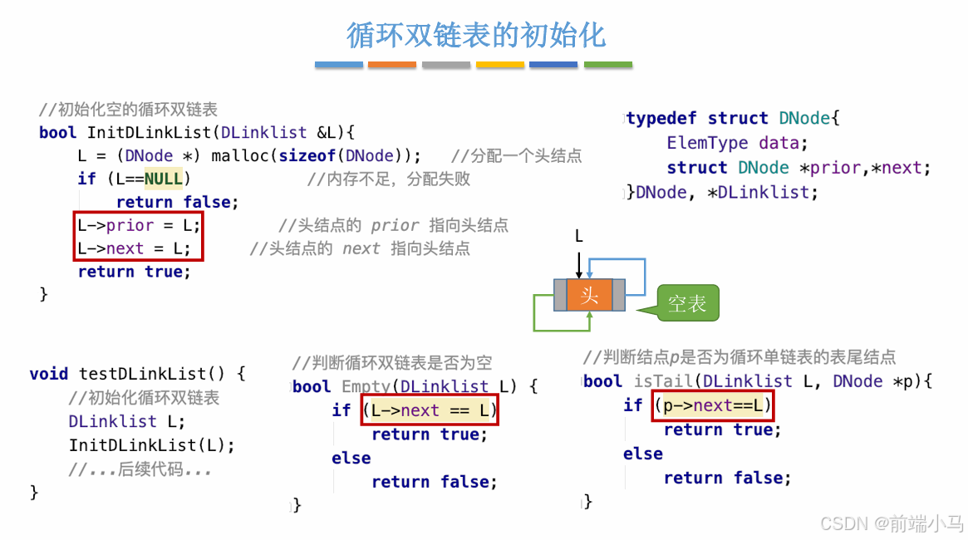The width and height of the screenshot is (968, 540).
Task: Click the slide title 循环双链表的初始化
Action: (x=476, y=35)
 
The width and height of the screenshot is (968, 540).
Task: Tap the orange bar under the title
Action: (x=391, y=64)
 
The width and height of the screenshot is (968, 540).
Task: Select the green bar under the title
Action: (x=607, y=64)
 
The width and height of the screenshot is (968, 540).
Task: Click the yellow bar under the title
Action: (x=499, y=64)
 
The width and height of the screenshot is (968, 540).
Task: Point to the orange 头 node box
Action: (x=589, y=295)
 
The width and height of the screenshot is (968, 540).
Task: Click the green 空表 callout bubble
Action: (x=686, y=303)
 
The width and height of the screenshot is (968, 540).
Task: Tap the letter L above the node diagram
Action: (x=579, y=237)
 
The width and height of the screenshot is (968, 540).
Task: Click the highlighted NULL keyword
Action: (x=163, y=179)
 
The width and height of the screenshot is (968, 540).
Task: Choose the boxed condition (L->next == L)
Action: (x=429, y=410)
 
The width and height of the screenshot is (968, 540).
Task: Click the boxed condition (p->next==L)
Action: (x=713, y=405)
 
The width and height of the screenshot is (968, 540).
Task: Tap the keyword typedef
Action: (x=661, y=118)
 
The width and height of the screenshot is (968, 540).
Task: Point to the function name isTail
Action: (x=661, y=381)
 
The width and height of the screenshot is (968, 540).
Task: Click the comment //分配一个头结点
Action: (x=516, y=155)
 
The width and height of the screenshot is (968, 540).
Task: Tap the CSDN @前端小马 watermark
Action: (x=892, y=523)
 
